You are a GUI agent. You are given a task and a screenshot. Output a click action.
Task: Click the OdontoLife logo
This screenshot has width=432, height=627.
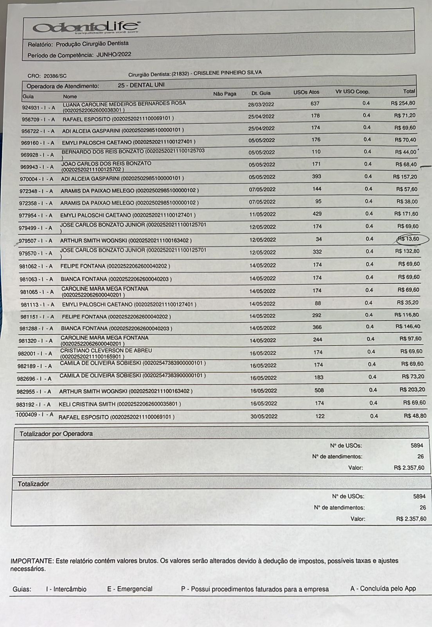86,27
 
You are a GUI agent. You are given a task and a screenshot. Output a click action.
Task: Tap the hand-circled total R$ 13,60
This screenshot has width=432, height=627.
409,239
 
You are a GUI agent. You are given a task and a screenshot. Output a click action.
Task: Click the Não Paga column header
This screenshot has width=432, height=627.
225,94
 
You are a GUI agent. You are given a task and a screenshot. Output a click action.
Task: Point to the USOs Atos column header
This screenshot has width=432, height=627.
306,92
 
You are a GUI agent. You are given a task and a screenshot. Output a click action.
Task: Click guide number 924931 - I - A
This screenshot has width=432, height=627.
38,107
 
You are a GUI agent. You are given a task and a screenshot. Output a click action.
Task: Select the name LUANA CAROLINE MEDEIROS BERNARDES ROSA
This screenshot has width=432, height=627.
124,103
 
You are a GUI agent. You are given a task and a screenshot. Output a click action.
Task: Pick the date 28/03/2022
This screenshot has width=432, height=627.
261,105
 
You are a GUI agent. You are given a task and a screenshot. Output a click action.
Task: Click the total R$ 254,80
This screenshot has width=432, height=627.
403,103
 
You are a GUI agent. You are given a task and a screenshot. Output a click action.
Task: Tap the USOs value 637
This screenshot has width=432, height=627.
315,104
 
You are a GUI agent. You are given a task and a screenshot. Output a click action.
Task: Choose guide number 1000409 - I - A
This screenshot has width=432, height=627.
34,414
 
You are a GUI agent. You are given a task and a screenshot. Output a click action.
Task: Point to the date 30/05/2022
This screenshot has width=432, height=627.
264,416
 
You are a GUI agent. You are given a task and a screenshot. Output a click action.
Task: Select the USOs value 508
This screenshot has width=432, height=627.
319,390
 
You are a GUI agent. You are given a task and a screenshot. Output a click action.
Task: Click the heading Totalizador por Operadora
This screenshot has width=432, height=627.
56,434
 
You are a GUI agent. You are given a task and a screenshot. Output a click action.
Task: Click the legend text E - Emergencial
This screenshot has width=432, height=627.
130,589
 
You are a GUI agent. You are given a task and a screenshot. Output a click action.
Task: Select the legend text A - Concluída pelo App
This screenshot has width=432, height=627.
383,589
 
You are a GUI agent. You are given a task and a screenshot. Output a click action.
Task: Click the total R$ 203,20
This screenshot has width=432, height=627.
412,390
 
